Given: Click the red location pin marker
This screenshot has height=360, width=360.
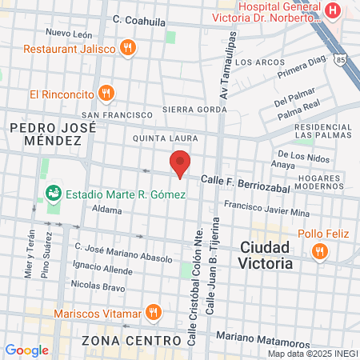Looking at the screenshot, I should pyautogui.click(x=180, y=162).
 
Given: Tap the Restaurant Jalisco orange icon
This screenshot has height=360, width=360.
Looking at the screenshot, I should pyautogui.click(x=126, y=48).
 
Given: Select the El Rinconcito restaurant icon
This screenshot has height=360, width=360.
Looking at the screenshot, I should pyautogui.click(x=106, y=94).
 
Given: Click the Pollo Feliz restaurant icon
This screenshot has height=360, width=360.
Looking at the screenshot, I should pyautogui.click(x=320, y=251).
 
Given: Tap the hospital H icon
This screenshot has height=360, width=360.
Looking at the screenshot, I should pyautogui.click(x=333, y=10).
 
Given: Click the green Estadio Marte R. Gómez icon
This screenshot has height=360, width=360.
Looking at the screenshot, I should pyautogui.click(x=54, y=193).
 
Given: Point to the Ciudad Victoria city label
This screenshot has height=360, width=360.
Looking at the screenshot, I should pyautogui.click(x=266, y=254).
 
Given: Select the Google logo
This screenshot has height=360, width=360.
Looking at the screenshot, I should pyautogui.click(x=26, y=350).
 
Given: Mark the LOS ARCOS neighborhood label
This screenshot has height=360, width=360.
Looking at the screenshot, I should pyautogui.click(x=259, y=62).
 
